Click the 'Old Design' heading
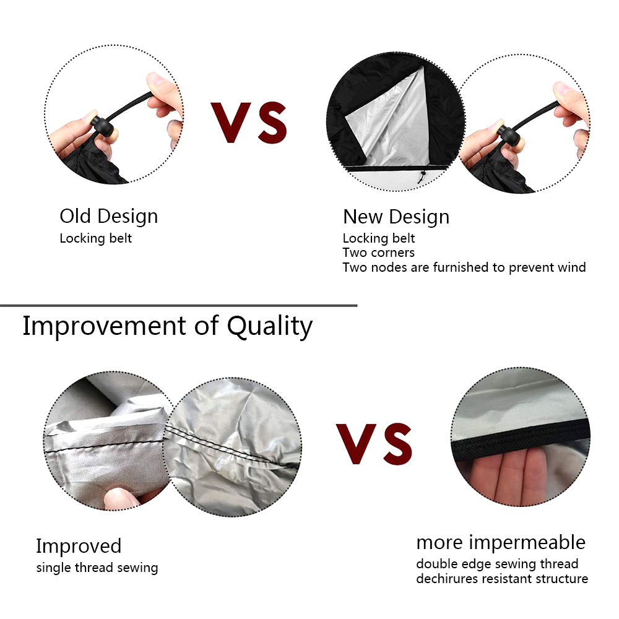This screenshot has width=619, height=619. [108, 216]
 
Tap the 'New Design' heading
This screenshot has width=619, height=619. [396, 217]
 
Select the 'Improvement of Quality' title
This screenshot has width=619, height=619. [167, 326]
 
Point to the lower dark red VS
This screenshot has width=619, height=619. [374, 443]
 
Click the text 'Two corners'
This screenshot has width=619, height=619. [378, 253]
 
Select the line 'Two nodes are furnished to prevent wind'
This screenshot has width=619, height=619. [464, 267]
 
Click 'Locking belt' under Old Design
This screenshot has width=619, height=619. [95, 238]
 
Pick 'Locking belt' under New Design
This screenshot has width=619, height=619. [379, 238]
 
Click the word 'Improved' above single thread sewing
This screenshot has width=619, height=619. [79, 547]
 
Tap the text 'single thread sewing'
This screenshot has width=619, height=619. [97, 568]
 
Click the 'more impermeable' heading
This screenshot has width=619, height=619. [501, 542]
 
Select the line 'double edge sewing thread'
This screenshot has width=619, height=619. [497, 564]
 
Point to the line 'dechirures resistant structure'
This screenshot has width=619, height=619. [502, 579]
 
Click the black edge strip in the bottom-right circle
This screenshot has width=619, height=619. [521, 436]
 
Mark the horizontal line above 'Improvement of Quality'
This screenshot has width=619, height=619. [178, 305]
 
